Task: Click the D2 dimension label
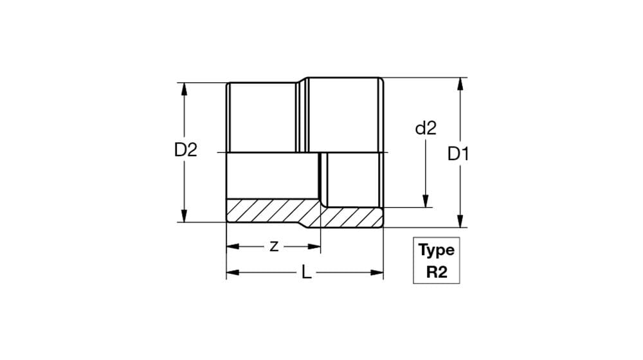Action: click(x=186, y=150)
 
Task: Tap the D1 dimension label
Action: click(x=458, y=154)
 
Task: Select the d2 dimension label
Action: click(x=426, y=129)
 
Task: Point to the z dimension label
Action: click(x=274, y=246)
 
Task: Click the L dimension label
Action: click(x=306, y=273)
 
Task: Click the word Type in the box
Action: click(x=437, y=250)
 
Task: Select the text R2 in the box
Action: click(x=437, y=272)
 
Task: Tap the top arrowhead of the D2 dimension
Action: click(x=184, y=89)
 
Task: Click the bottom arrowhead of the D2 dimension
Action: click(x=184, y=215)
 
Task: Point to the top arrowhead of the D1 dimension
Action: click(x=460, y=84)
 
